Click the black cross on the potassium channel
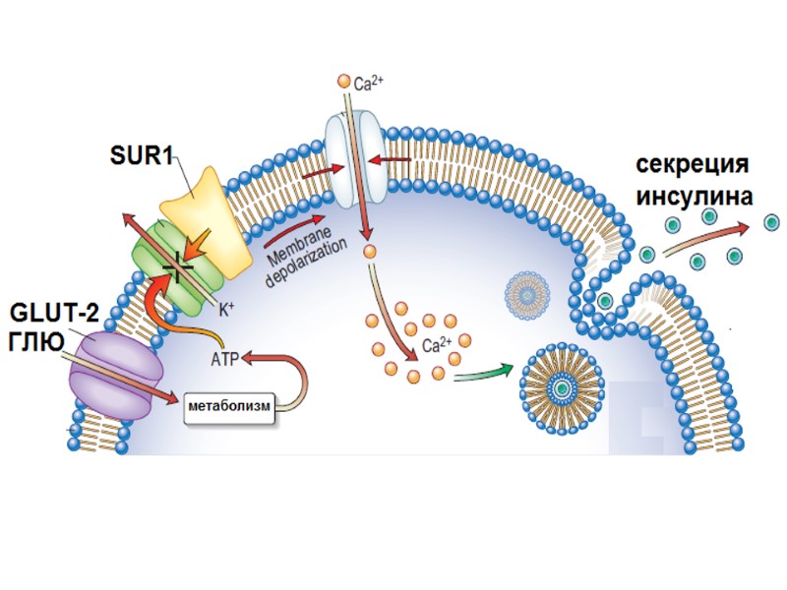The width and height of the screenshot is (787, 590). (x=178, y=264)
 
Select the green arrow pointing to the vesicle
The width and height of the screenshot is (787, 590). (x=482, y=373)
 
